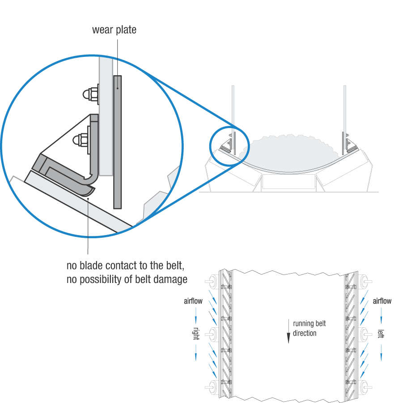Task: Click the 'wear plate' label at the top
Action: pos(114,30)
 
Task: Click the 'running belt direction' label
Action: pos(309,328)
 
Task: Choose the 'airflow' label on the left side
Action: pos(193,301)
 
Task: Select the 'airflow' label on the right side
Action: pos(382,301)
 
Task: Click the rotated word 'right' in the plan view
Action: pos(196,334)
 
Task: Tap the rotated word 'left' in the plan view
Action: pos(381,334)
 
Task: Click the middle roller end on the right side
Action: pos(365,334)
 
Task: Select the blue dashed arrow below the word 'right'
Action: pos(196,352)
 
